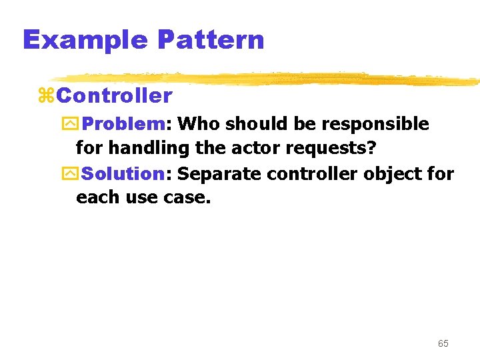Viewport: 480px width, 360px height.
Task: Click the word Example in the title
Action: (85, 40)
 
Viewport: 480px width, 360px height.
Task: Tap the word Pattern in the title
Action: (211, 40)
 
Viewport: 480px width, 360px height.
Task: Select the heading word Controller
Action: (115, 96)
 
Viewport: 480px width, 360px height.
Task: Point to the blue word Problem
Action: (125, 124)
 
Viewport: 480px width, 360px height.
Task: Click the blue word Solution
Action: (125, 174)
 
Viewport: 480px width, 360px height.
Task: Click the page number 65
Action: (443, 343)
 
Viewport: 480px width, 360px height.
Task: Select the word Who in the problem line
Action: (199, 124)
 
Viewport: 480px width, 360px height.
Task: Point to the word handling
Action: (138, 147)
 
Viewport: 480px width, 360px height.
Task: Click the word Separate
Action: (220, 174)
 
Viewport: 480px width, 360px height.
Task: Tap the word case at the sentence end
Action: (188, 197)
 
